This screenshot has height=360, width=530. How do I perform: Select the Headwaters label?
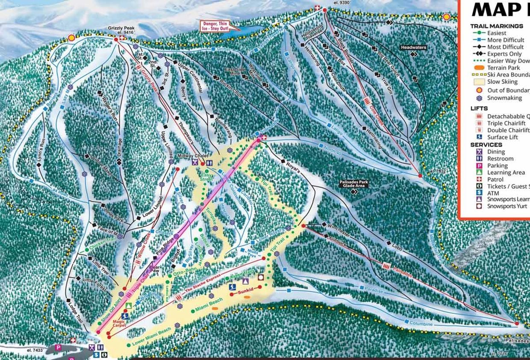(x=413, y=47)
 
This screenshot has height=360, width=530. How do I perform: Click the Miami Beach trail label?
(x=209, y=305)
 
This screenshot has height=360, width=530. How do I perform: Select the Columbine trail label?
(x=421, y=324)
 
